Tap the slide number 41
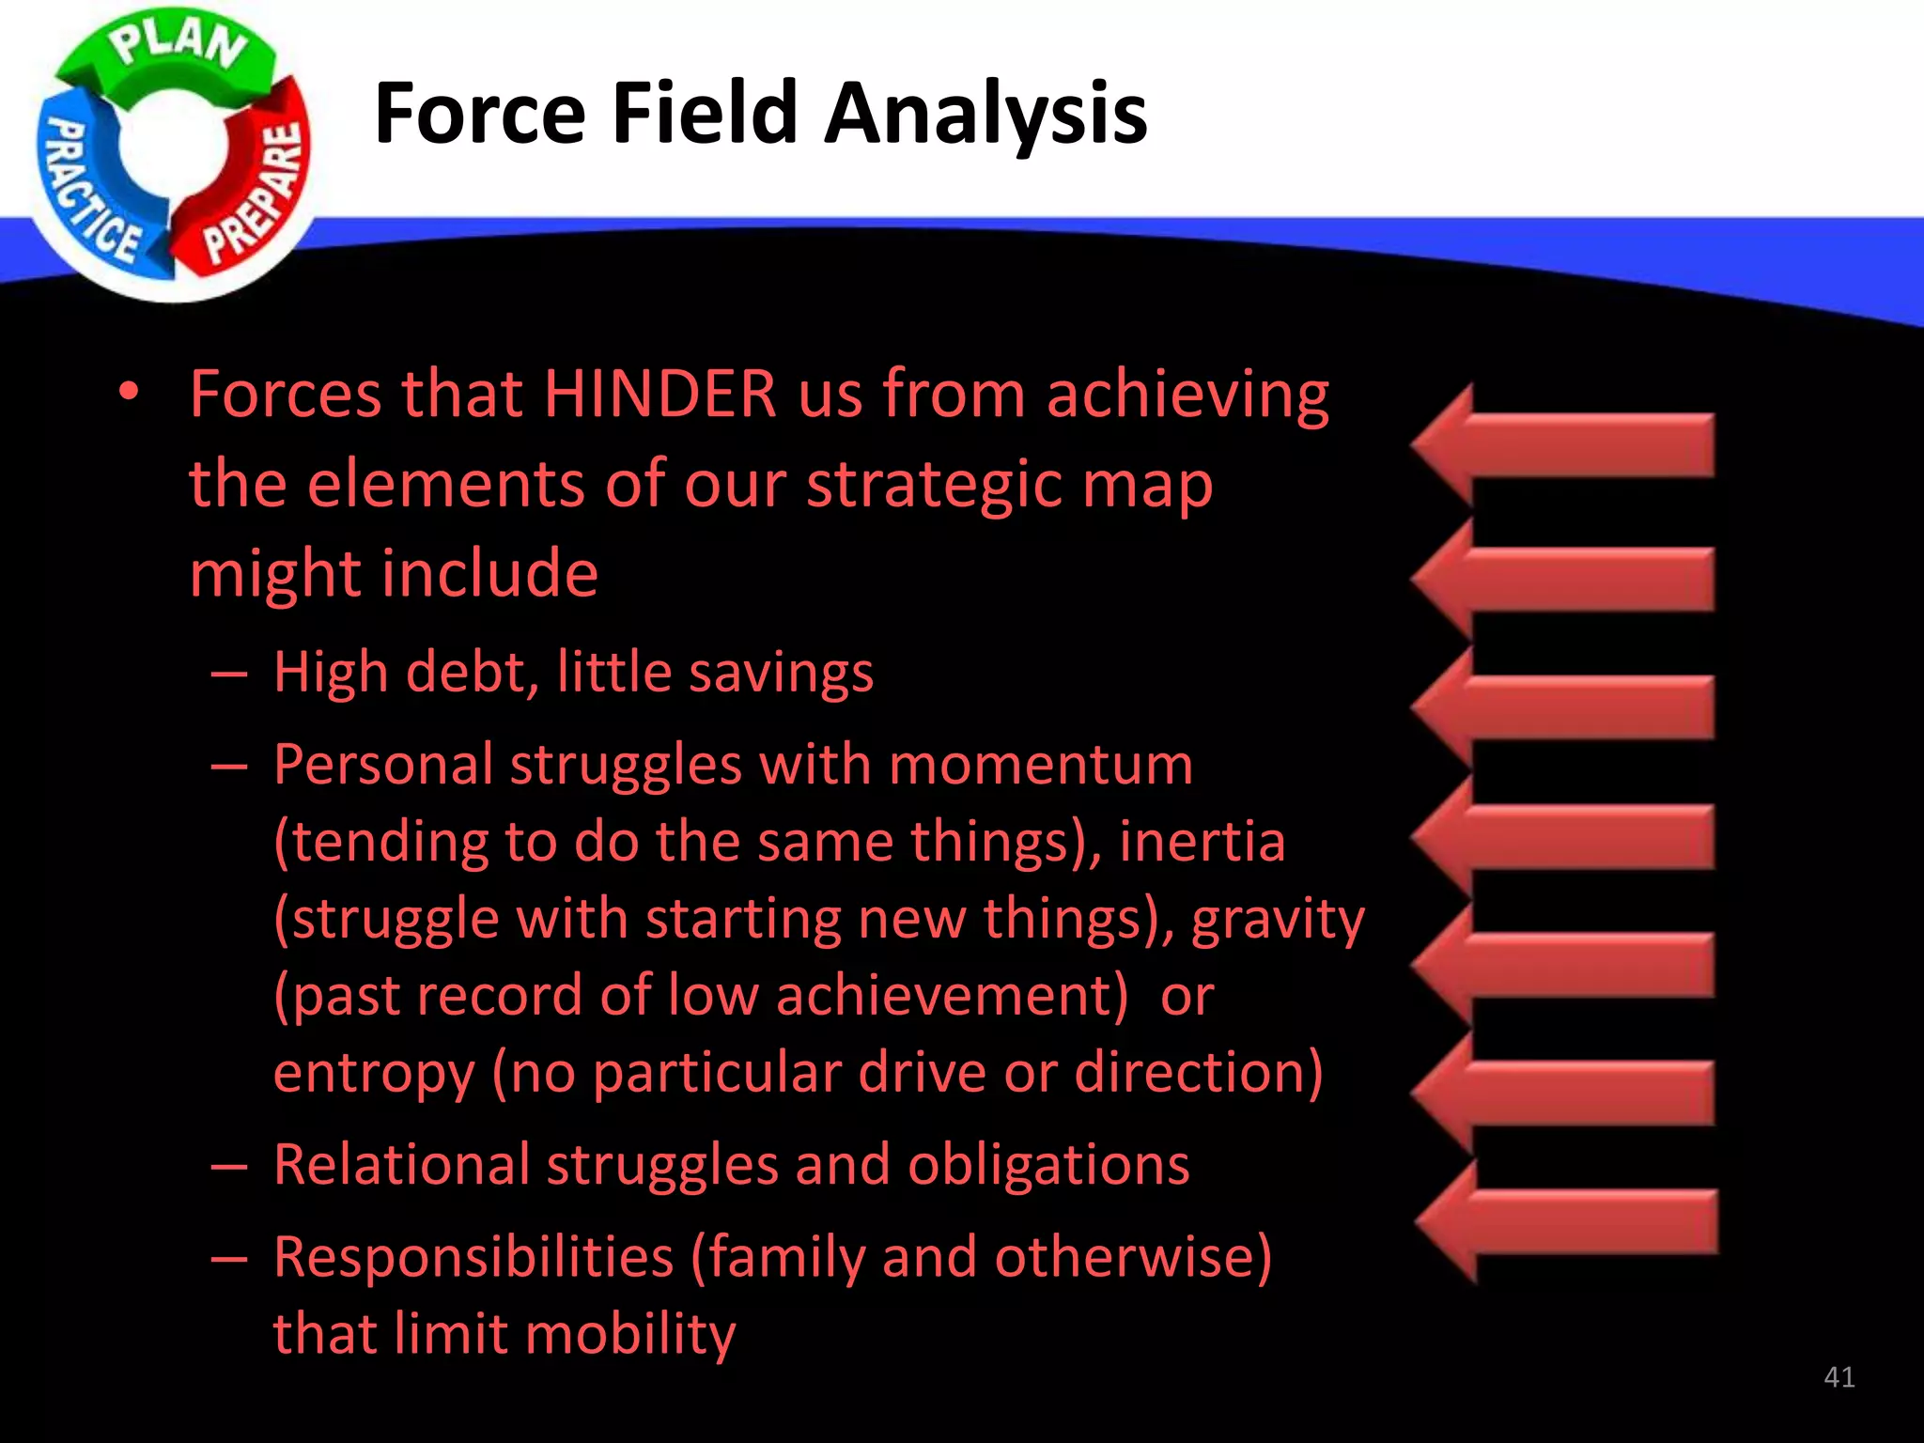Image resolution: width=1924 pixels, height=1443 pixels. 1839,1377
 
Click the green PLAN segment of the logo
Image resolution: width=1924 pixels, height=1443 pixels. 174,52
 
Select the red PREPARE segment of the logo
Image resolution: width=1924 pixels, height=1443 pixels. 258,188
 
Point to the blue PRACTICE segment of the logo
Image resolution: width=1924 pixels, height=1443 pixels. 89,188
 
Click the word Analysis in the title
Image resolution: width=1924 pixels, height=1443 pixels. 985,115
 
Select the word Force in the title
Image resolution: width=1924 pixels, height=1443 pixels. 480,115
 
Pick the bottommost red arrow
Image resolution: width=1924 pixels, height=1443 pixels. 1567,1221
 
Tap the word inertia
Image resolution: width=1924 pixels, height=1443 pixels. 1202,841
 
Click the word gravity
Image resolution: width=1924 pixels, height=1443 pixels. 1278,919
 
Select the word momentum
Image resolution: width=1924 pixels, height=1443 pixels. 1040,764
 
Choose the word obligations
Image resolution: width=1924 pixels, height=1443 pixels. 1048,1165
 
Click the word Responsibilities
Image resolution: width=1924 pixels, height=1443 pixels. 473,1257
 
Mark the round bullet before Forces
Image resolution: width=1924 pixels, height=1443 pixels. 130,392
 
